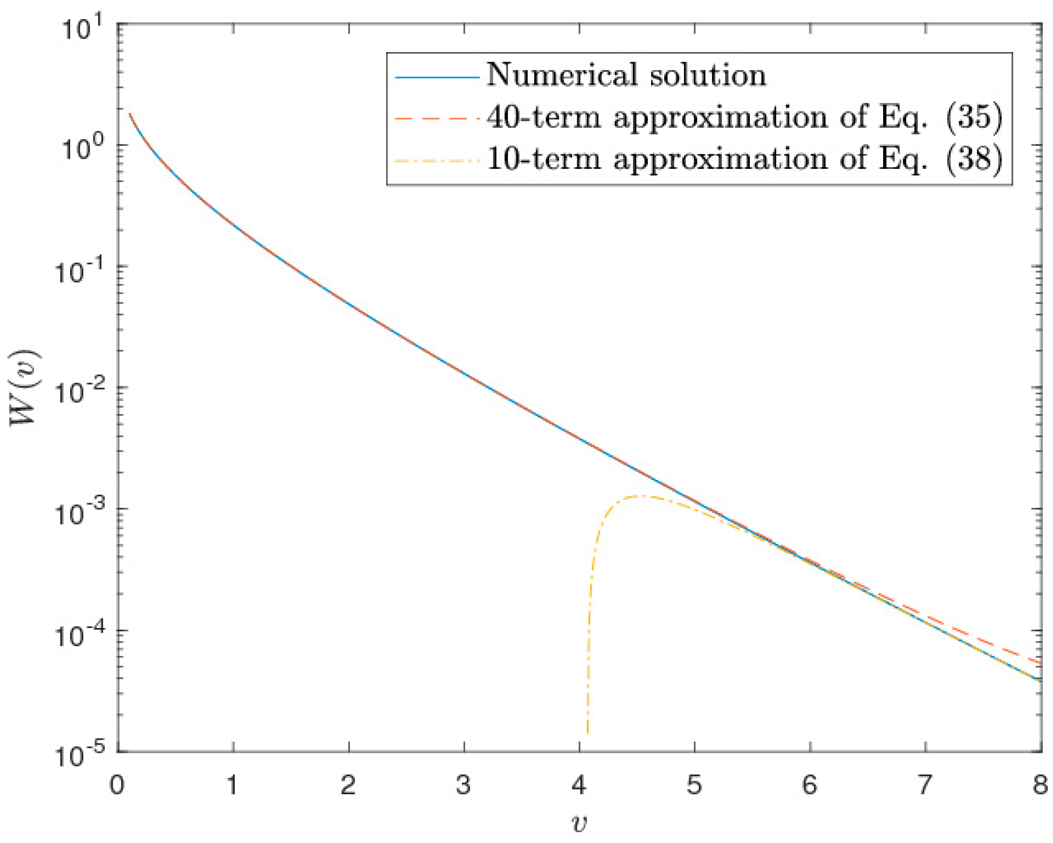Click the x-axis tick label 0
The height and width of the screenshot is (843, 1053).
pyautogui.click(x=117, y=785)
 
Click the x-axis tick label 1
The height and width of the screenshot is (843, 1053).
pyautogui.click(x=232, y=785)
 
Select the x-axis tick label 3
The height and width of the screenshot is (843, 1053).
pyautogui.click(x=464, y=785)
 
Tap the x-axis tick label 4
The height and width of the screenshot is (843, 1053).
pyautogui.click(x=579, y=785)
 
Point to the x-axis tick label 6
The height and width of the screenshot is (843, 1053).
pyautogui.click(x=810, y=785)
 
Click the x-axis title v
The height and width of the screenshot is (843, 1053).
pyautogui.click(x=579, y=823)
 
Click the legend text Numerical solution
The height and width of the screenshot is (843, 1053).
pyautogui.click(x=627, y=75)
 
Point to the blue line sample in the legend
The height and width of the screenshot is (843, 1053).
pyautogui.click(x=437, y=78)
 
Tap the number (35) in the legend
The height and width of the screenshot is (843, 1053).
pyautogui.click(x=974, y=117)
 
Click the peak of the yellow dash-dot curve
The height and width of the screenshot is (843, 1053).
pyautogui.click(x=643, y=496)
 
